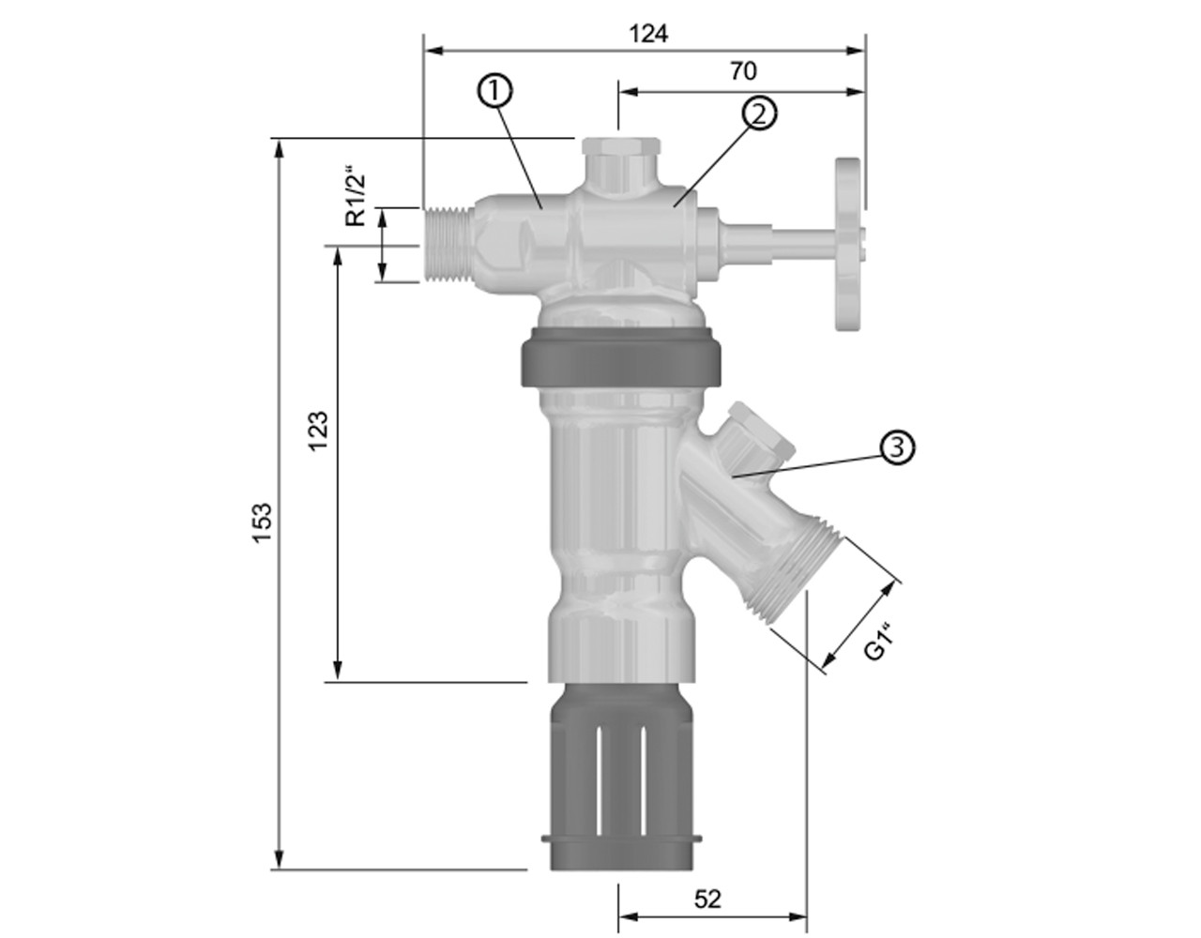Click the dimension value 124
click(x=649, y=35)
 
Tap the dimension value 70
click(x=743, y=71)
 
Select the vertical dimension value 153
click(x=263, y=522)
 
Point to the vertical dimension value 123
click(x=318, y=431)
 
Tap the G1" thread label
click(x=879, y=641)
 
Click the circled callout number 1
click(x=494, y=92)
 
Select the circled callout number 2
click(x=759, y=114)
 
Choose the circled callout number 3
click(x=897, y=446)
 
